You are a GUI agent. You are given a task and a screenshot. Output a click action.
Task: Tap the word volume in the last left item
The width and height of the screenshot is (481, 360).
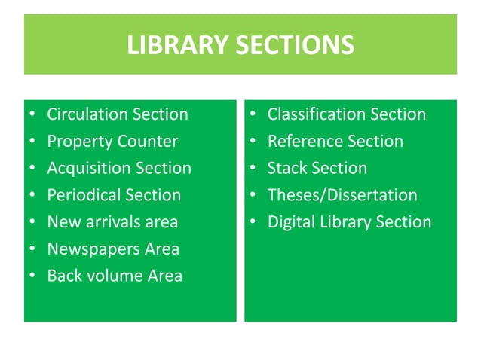[x=114, y=276]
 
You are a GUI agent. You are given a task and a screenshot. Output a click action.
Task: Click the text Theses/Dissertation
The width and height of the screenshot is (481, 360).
[x=342, y=195]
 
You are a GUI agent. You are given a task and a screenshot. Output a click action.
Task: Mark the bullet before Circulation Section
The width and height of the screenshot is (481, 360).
[x=32, y=115]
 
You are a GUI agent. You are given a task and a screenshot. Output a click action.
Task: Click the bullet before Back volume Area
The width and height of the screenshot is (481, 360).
[x=32, y=276]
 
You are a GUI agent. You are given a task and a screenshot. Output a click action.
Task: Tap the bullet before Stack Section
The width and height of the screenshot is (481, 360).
[x=253, y=169]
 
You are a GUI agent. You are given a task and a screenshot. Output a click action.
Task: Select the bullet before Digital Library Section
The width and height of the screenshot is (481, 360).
[x=253, y=223]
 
